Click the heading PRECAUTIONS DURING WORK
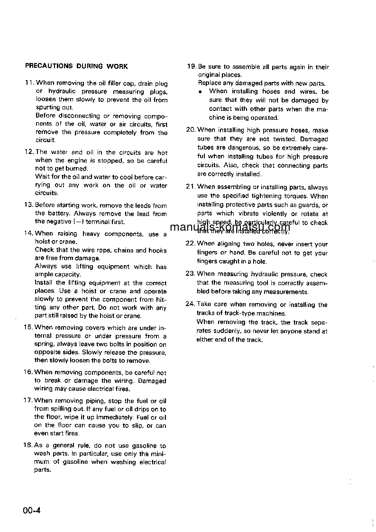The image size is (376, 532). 76,66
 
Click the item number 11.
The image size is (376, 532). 28,83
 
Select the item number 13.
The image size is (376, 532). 28,206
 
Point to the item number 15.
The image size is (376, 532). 28,327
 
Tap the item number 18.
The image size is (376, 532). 28,446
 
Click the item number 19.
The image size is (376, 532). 191,67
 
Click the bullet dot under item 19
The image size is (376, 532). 201,91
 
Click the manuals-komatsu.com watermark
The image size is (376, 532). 229,227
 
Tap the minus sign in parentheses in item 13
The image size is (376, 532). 75,222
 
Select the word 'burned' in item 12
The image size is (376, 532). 77,169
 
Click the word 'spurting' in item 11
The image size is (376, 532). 47,108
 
